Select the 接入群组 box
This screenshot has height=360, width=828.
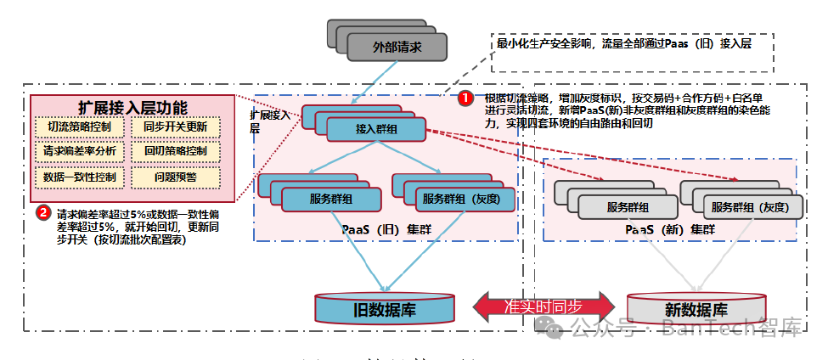376,130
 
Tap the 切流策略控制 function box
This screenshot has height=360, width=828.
81,127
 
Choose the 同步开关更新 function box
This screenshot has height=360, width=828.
176,127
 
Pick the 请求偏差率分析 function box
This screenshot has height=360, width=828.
81,152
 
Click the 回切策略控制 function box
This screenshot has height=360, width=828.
176,152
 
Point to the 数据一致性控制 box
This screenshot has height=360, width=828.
81,177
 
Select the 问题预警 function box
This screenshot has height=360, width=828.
176,177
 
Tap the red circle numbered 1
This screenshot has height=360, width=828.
466,98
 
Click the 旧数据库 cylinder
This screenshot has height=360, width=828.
384,308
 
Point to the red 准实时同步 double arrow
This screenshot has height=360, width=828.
544,307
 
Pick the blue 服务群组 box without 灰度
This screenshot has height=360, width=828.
331,200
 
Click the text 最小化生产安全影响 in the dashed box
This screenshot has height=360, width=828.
544,42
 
